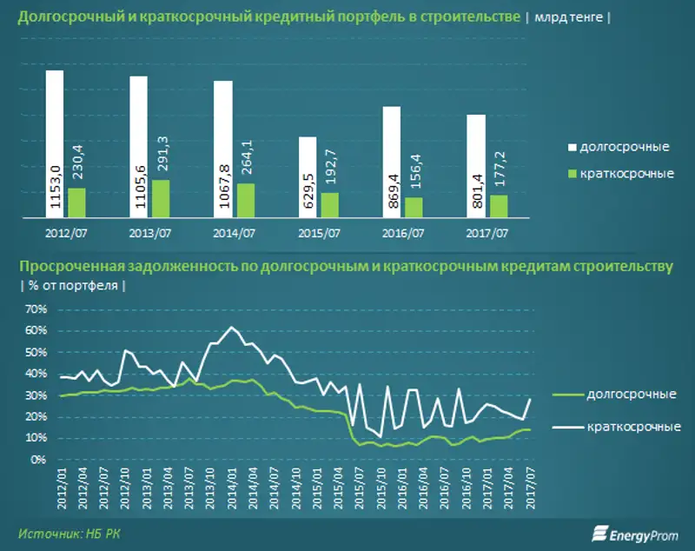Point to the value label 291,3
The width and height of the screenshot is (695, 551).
click(x=161, y=156)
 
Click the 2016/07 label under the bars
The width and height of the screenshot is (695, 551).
click(x=405, y=233)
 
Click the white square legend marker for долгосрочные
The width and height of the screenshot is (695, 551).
click(x=572, y=145)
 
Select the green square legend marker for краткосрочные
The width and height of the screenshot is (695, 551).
click(x=572, y=174)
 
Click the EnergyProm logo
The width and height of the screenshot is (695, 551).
click(x=635, y=532)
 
